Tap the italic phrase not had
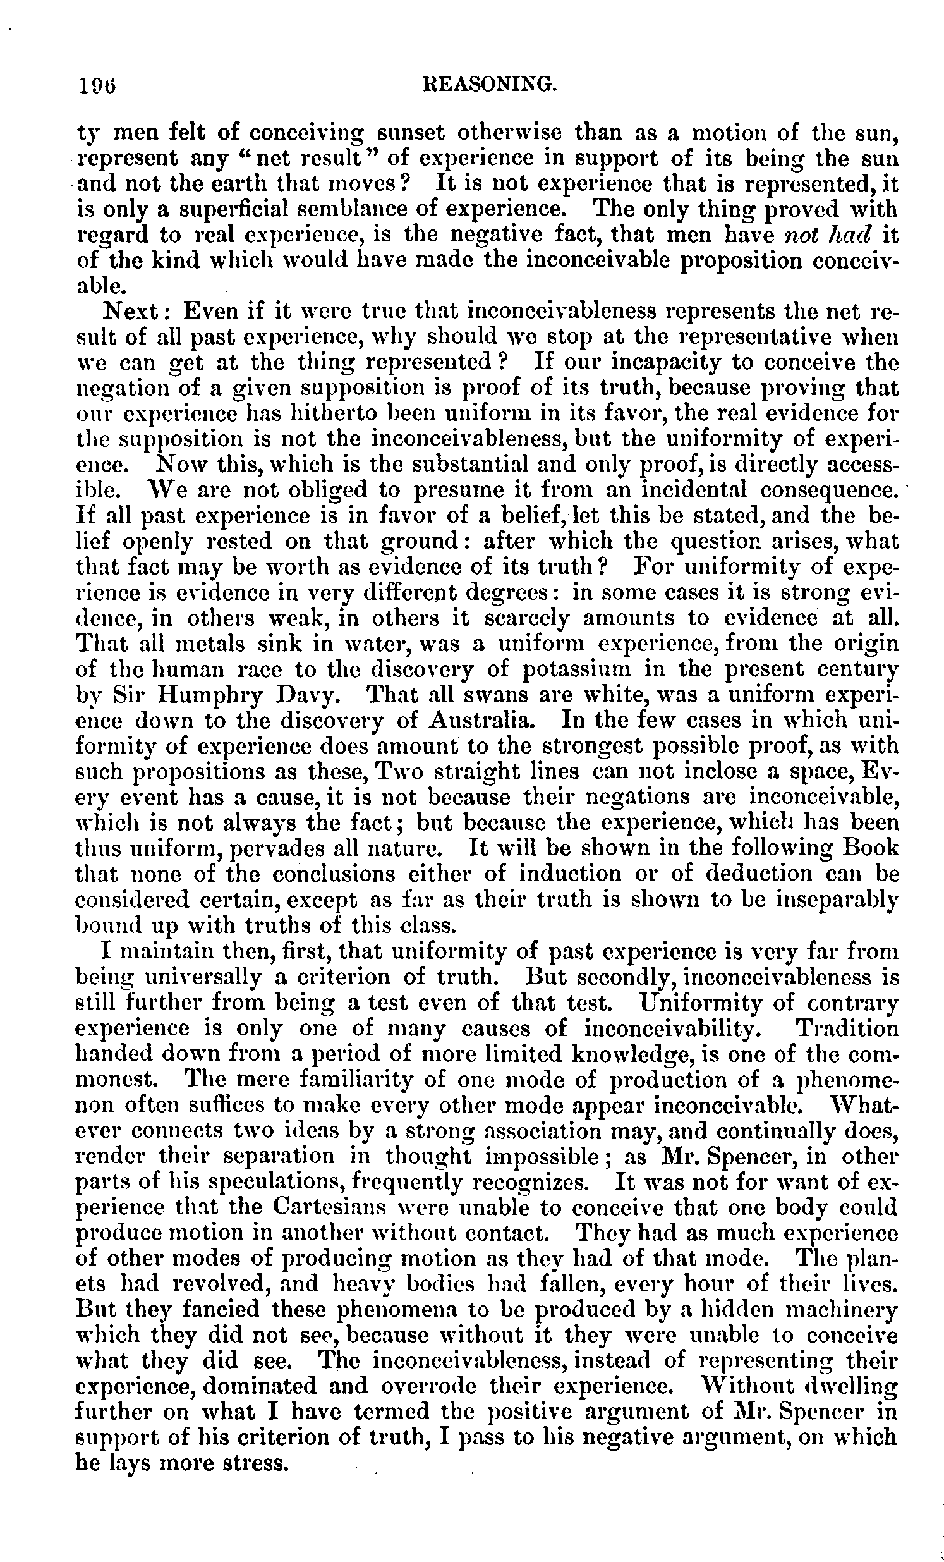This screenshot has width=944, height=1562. tap(824, 235)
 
